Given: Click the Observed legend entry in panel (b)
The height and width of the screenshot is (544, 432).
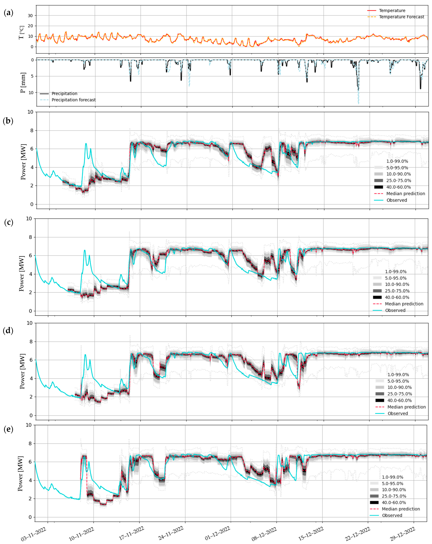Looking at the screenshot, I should click(x=396, y=200).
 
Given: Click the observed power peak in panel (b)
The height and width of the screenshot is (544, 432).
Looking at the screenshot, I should click(x=86, y=144).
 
